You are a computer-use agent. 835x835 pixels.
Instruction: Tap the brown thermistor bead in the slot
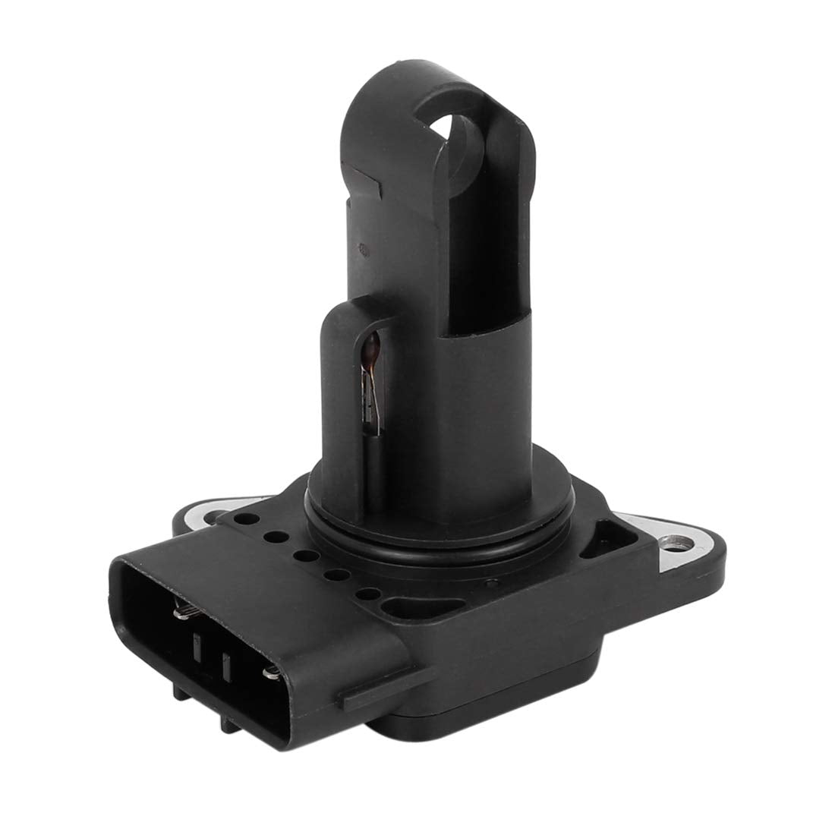(x=371, y=351)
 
